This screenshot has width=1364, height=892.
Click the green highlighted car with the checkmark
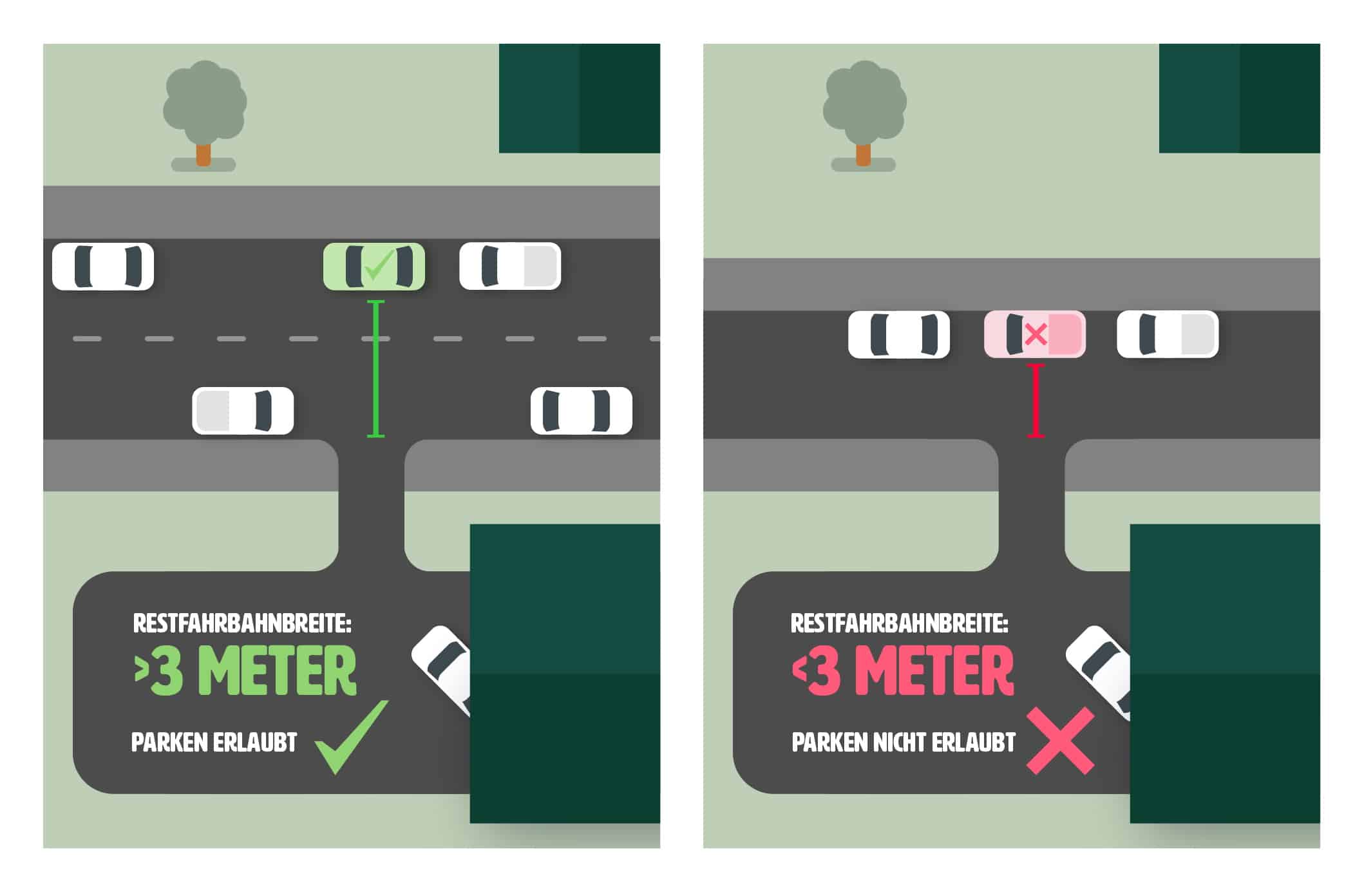pos(374,266)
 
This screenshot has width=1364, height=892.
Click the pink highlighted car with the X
pos(1034,334)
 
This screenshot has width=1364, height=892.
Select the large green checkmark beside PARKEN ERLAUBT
pos(351,737)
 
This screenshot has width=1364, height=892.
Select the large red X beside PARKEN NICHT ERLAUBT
pos(1059,740)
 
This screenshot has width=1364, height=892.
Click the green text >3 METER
pos(245,672)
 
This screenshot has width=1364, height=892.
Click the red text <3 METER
pos(903,672)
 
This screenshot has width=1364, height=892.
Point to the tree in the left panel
pos(204,103)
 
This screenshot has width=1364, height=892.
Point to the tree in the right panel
pos(864,103)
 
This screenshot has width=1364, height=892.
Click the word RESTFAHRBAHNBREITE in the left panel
pos(242,623)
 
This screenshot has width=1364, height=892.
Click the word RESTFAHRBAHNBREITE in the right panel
pos(899,623)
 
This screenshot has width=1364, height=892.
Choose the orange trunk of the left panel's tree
pos(204,155)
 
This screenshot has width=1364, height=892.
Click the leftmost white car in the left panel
pos(103,266)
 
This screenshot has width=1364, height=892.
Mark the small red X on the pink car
pos(1036,334)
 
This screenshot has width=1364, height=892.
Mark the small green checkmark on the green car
pos(378,265)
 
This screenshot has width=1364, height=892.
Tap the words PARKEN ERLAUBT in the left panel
pos(214,743)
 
